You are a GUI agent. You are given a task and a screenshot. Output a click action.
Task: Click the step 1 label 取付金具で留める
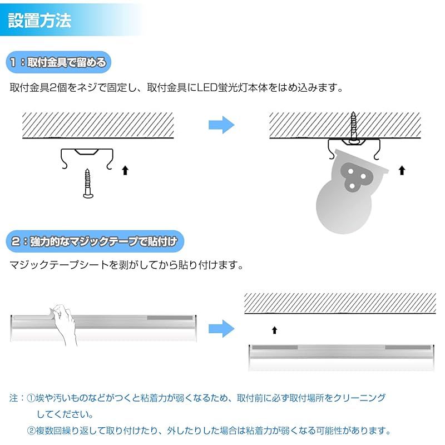[x=58, y=62]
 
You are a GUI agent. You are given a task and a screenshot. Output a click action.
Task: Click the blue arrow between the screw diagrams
[x=222, y=125]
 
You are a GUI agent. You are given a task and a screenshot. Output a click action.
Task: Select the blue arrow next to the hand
[x=222, y=329]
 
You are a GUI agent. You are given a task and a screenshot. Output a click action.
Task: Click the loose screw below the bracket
[x=88, y=183]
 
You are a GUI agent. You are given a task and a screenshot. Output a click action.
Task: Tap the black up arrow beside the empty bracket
[x=125, y=170]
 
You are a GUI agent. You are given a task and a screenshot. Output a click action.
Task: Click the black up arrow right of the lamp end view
[x=402, y=170]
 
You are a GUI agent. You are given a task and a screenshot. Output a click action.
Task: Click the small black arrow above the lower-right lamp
[x=274, y=330]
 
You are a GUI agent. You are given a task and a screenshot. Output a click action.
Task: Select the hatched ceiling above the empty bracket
[x=98, y=125]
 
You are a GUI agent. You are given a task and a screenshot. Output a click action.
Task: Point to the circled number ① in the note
[x=32, y=398]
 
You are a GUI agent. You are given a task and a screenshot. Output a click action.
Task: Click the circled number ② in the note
[x=32, y=431]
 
